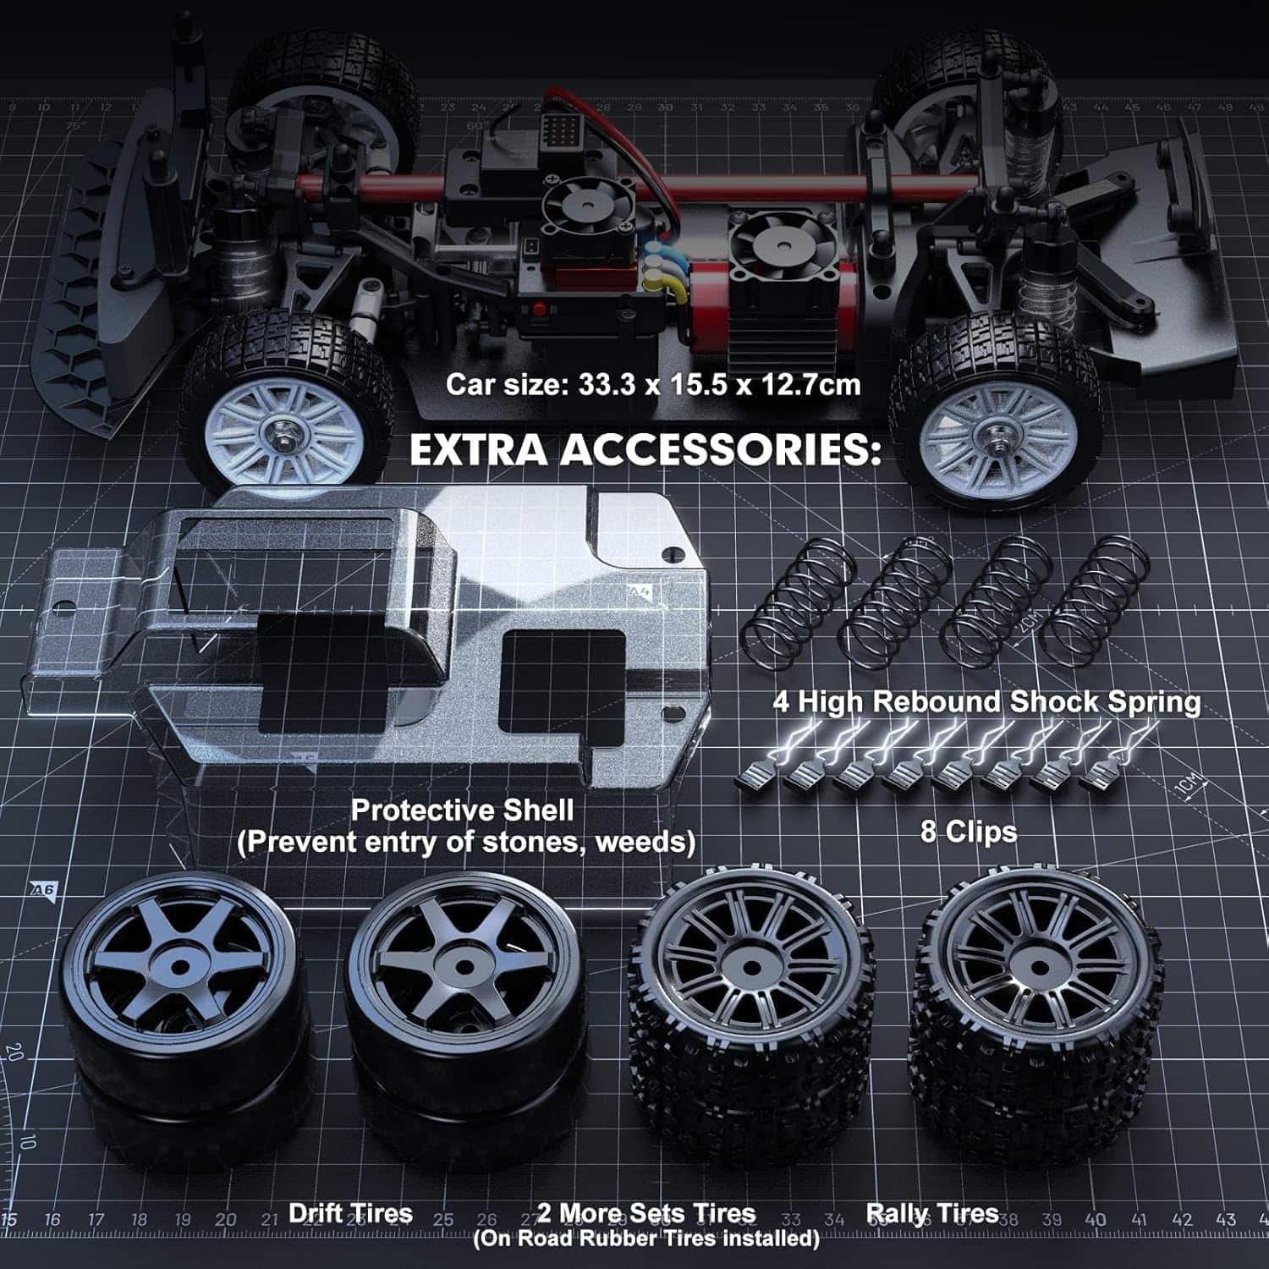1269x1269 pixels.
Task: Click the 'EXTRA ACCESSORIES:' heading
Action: click(x=645, y=449)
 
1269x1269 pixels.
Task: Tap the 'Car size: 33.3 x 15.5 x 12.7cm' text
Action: click(x=652, y=385)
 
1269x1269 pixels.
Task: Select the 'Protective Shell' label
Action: click(x=462, y=810)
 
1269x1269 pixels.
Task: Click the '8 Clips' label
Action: click(x=969, y=832)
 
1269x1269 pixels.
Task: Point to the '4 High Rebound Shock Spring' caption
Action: click(x=986, y=701)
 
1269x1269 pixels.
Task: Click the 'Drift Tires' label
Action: click(x=350, y=1213)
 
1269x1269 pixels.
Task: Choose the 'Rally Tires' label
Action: click(x=932, y=1214)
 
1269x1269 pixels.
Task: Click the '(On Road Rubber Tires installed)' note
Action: click(x=645, y=1239)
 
